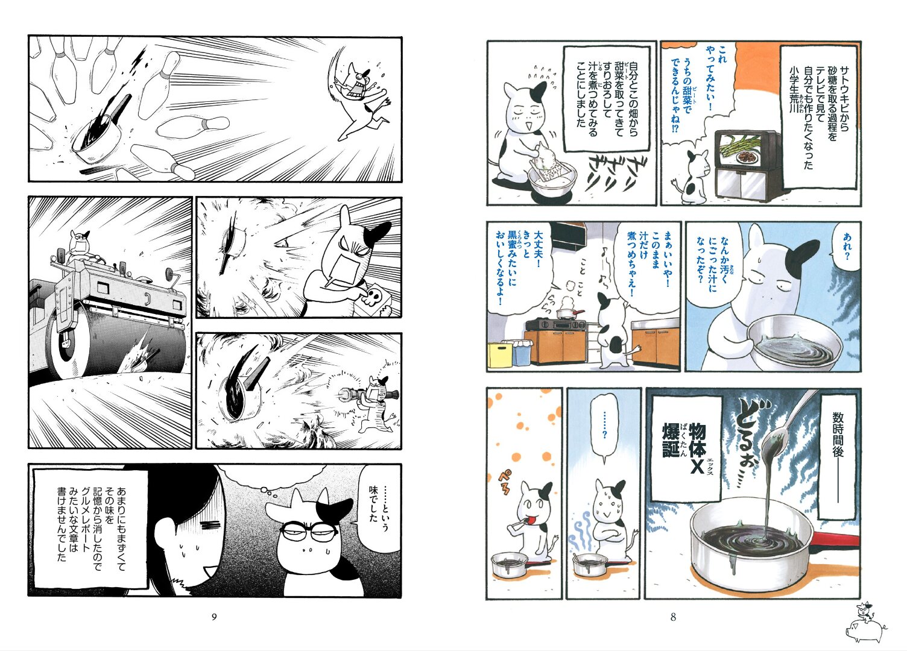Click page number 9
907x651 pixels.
(214, 617)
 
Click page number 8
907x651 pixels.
(673, 617)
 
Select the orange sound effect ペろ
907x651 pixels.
(505, 482)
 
